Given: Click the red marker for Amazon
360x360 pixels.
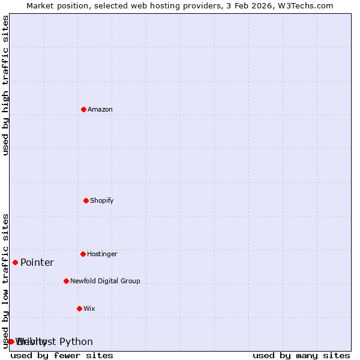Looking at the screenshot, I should [84, 109].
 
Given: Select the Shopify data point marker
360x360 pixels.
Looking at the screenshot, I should [86, 200].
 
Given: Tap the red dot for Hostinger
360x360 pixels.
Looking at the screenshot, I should [83, 254].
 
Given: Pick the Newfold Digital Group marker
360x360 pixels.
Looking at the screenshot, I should [66, 281].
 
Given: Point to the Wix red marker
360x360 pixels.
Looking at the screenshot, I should [79, 308].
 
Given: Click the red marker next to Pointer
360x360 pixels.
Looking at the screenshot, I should [15, 262].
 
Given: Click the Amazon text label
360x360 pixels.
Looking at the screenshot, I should [100, 109].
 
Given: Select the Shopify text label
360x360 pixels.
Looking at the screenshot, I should [102, 200].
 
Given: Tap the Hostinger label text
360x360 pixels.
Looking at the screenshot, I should [103, 254].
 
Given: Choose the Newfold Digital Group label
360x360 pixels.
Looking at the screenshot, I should [105, 281].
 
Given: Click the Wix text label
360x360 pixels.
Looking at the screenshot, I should [89, 308].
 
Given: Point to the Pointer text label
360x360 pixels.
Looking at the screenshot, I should [37, 263].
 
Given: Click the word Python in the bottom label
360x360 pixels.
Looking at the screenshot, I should [76, 342].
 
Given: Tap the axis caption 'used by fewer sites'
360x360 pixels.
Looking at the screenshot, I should [62, 356].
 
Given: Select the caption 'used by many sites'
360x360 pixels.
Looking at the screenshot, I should [301, 356].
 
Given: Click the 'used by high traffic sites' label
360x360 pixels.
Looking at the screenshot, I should [6, 85].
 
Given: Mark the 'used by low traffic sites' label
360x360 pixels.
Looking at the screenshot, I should [6, 281].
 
